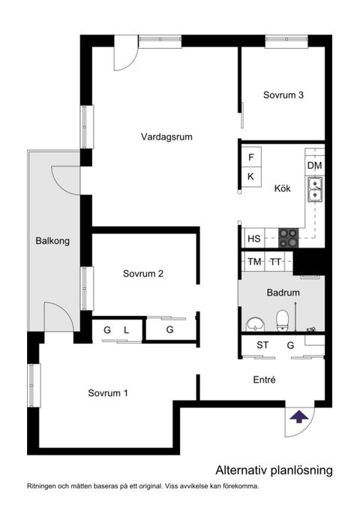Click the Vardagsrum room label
[167, 137]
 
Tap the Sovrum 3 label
[283, 95]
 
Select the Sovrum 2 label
[142, 274]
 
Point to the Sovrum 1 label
[107, 393]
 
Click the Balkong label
[52, 241]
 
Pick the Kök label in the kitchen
[282, 188]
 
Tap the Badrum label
[283, 293]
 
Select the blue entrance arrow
[299, 416]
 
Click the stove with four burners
[289, 238]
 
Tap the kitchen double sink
[315, 189]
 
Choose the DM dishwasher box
[314, 165]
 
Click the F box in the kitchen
[251, 158]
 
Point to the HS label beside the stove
[253, 239]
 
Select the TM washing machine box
[254, 262]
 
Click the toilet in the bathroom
[283, 321]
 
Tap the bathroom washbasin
[256, 323]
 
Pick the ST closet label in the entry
[262, 345]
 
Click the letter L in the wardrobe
[126, 329]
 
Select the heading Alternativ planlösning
[273, 470]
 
